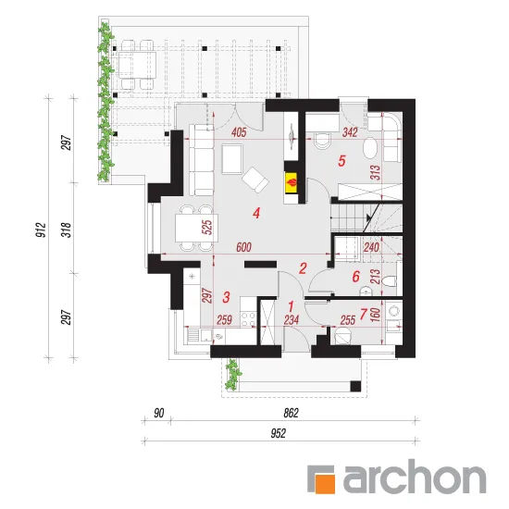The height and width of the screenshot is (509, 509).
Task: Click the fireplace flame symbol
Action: (x=292, y=182)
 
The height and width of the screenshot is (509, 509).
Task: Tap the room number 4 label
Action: (x=256, y=213)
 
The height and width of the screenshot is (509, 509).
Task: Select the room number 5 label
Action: (x=341, y=161)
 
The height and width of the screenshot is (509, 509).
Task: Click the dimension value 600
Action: (x=243, y=247)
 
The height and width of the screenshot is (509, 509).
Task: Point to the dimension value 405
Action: (x=239, y=132)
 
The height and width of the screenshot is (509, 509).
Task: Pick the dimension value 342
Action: (x=350, y=132)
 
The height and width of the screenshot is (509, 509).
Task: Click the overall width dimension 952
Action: (x=279, y=433)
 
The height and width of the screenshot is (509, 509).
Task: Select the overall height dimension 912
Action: (x=42, y=230)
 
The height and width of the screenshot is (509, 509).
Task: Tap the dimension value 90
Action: (x=159, y=414)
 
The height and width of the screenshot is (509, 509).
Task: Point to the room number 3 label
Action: (x=226, y=297)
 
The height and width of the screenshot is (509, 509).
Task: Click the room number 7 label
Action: (x=364, y=314)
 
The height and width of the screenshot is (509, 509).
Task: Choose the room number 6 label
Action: (x=355, y=277)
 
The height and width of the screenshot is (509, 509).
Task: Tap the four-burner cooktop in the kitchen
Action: (x=248, y=318)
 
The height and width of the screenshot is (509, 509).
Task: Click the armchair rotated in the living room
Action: (x=255, y=180)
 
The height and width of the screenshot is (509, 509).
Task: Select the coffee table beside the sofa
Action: (x=232, y=159)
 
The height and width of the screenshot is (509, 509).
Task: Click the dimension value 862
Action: (x=291, y=414)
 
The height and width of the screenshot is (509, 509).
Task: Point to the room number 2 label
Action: (x=303, y=268)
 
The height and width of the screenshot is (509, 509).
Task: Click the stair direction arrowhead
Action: (x=368, y=217)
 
